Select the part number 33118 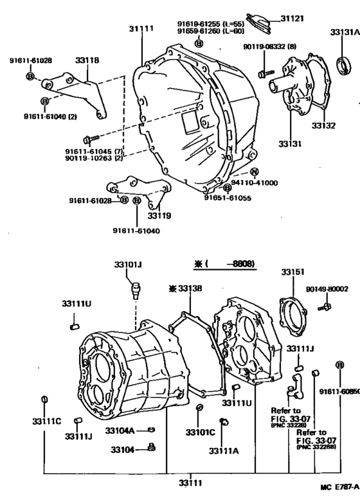pyautogui.click(x=88, y=60)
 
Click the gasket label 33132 pyautogui.click(x=324, y=126)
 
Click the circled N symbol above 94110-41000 pyautogui.click(x=254, y=172)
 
